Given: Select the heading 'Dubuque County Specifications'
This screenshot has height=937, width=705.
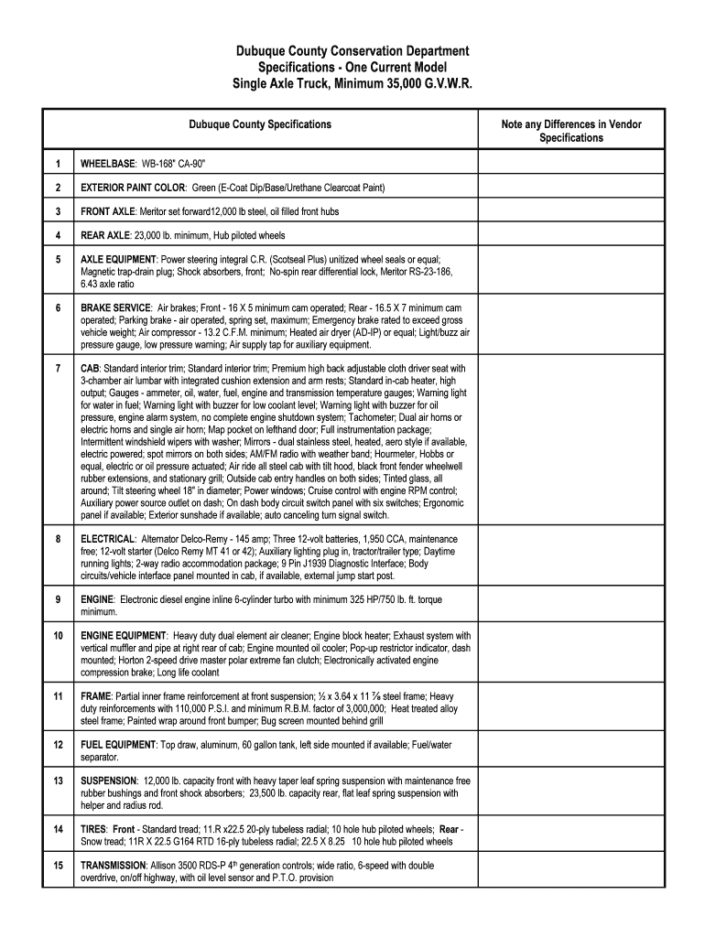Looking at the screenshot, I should pos(260,124).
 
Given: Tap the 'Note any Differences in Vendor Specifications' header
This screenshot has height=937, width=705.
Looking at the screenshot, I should pos(570,131).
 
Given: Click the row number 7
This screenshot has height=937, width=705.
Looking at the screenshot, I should pos(58,368).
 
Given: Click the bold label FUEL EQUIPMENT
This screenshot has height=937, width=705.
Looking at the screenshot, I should pos(118,745).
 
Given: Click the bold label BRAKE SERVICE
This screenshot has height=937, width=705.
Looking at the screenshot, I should pos(115,308).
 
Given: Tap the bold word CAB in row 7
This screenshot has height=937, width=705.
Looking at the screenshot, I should pos(90,368).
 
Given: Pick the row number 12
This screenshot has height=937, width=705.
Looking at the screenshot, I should pos(58,745).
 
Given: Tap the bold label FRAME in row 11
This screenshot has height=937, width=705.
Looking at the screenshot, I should pos(95,696).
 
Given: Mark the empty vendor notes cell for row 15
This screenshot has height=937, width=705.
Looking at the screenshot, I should pos(570,871).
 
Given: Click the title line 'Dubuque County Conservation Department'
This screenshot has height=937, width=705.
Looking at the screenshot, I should pos(352,51).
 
